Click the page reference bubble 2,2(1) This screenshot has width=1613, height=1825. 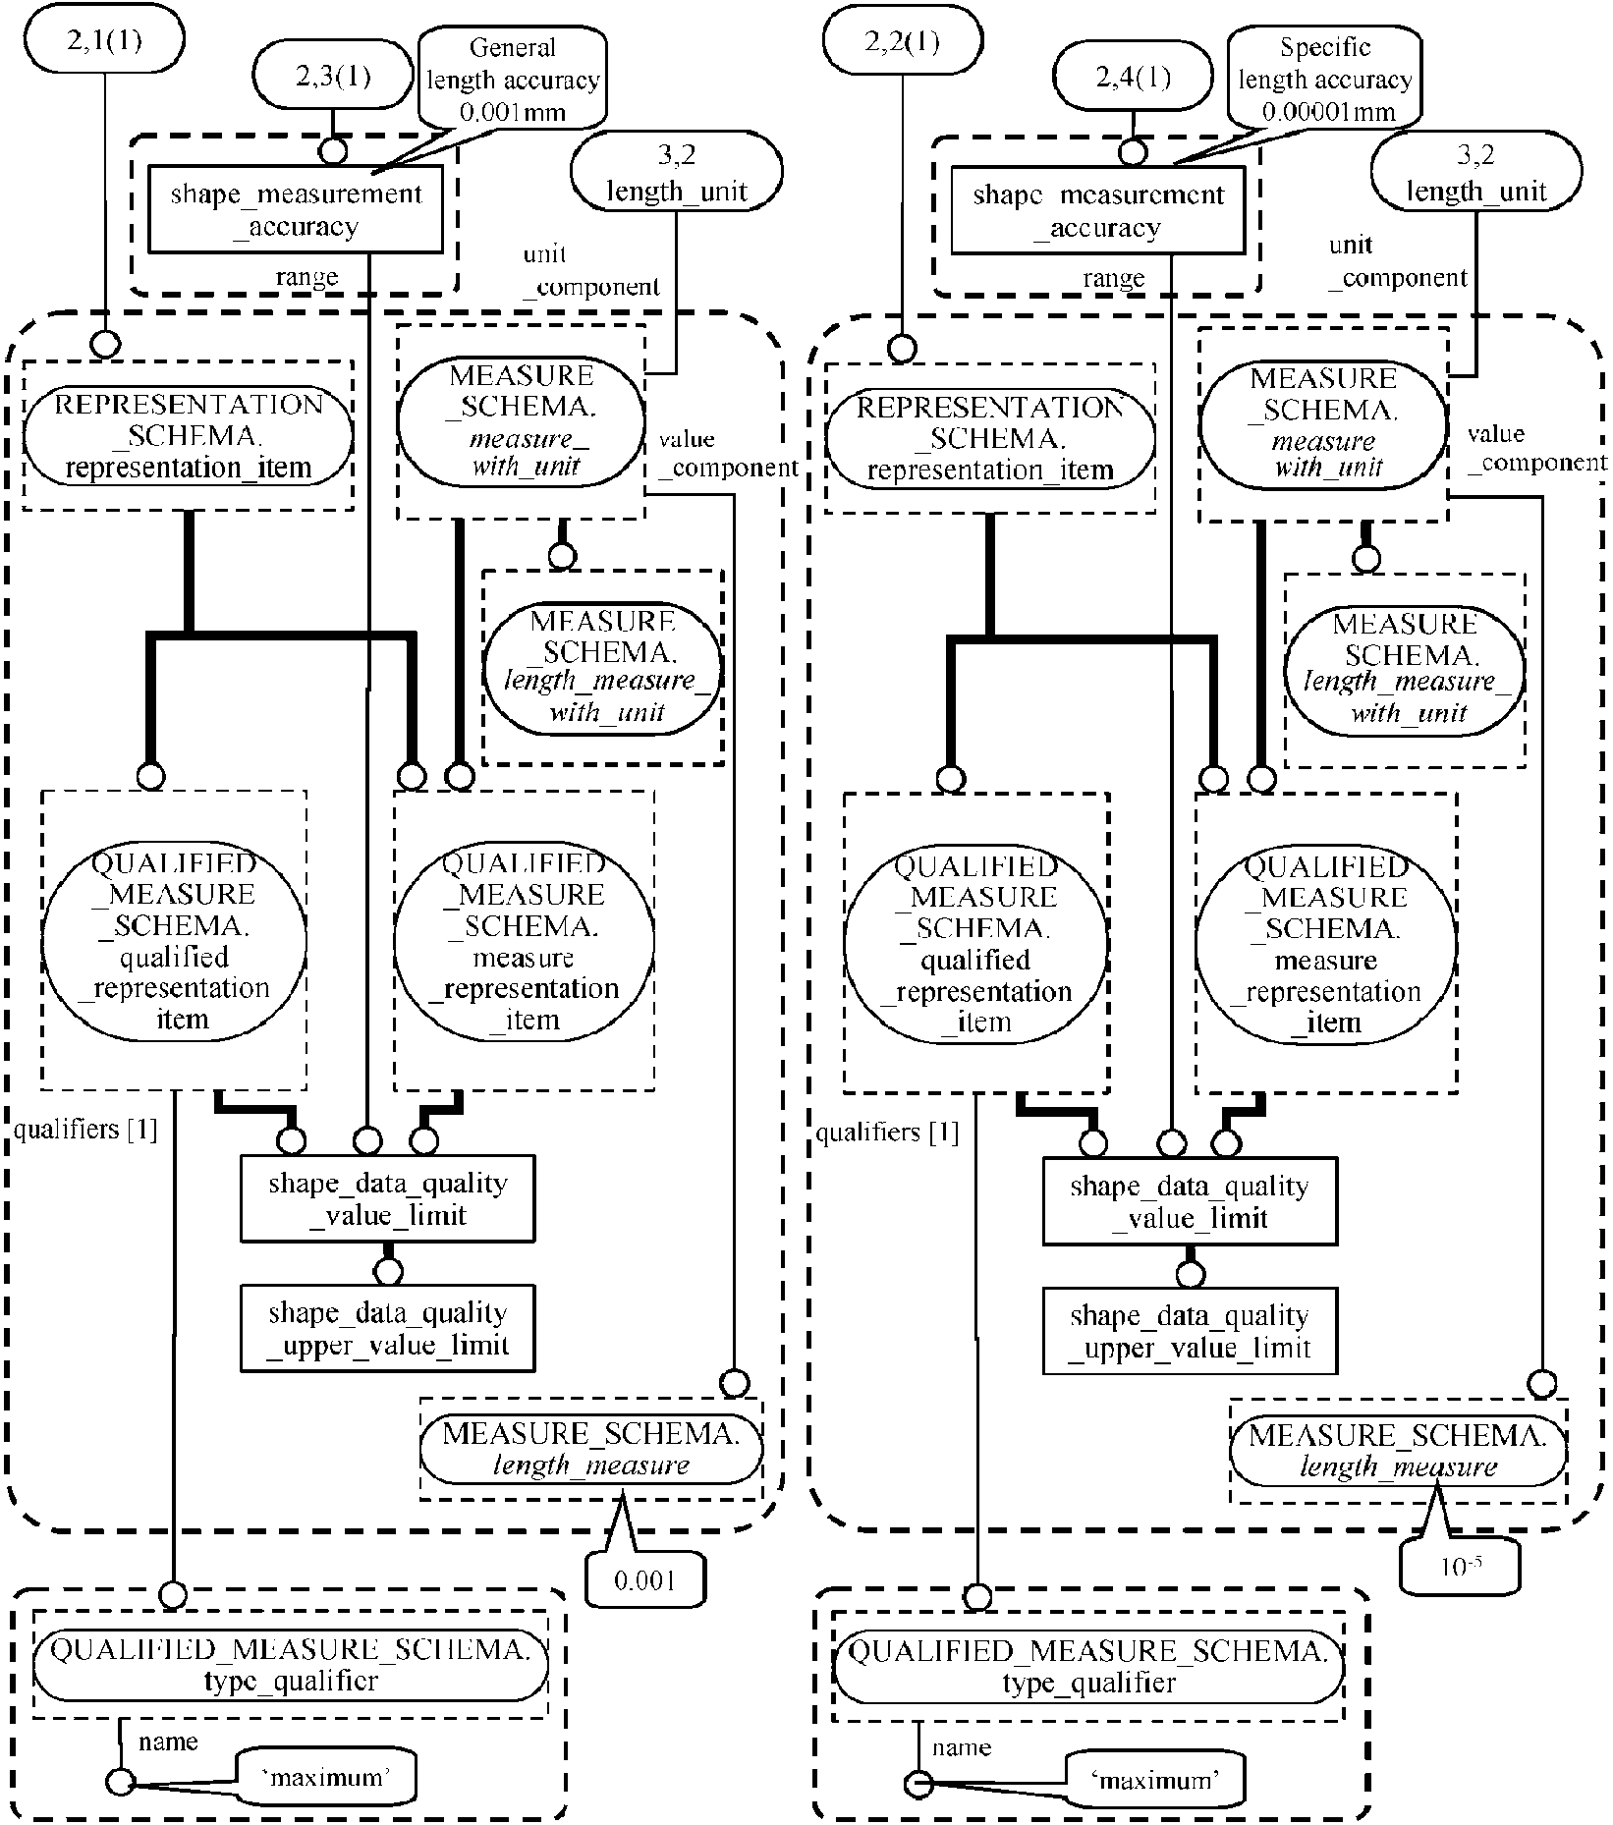tap(903, 42)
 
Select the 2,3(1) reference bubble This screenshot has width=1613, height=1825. tap(333, 76)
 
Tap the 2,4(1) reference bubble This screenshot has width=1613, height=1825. tap(1134, 77)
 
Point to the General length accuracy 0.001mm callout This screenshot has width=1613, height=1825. tap(513, 79)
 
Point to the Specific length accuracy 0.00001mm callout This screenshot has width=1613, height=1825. tap(1325, 79)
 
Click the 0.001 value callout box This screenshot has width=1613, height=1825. tap(644, 1579)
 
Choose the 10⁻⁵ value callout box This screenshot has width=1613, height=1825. tap(1460, 1567)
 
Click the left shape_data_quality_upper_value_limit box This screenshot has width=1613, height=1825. tap(388, 1328)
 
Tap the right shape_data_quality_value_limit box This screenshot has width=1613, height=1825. tap(1190, 1201)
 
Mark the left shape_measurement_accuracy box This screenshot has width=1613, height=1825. tap(296, 209)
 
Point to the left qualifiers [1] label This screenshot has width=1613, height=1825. tap(85, 1130)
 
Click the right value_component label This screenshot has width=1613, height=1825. tap(1534, 448)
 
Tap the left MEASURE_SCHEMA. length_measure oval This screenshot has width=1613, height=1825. tap(591, 1449)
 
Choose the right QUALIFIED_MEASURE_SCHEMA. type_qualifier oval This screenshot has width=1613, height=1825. tap(1088, 1667)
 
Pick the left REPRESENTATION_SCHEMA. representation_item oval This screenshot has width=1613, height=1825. tap(188, 435)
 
